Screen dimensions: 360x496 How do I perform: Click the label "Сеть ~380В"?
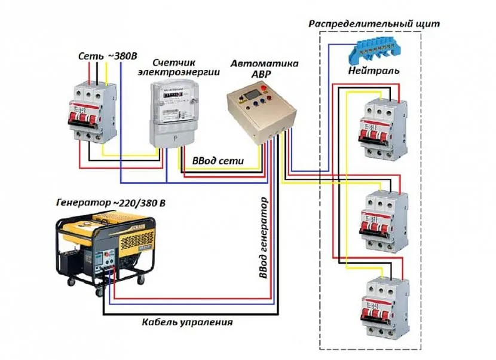click(108, 56)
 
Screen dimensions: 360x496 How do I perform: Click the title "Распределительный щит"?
click(374, 25)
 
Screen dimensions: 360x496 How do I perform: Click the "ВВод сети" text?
click(214, 161)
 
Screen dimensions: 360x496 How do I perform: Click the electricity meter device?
click(173, 112)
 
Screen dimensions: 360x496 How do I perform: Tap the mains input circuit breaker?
click(90, 111)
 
